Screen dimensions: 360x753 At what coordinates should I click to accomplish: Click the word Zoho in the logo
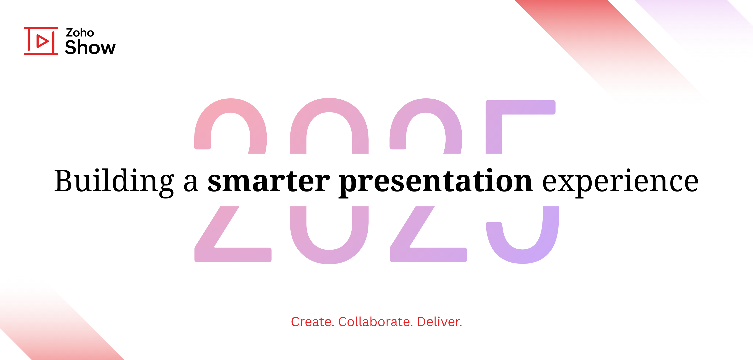click(x=80, y=32)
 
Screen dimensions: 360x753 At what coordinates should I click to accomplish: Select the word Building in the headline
click(x=114, y=181)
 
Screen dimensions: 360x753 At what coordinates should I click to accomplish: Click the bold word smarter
click(x=269, y=181)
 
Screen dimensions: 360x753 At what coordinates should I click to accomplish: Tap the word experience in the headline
click(x=620, y=181)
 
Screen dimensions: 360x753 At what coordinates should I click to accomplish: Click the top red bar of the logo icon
click(x=41, y=29)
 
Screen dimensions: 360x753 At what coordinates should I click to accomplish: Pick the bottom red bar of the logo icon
click(x=41, y=54)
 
